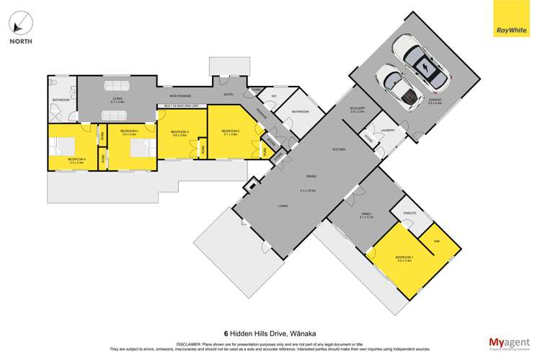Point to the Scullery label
(x=358, y=110)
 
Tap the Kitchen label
(x=338, y=149)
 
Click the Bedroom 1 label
(x=404, y=258)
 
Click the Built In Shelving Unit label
(x=180, y=106)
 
